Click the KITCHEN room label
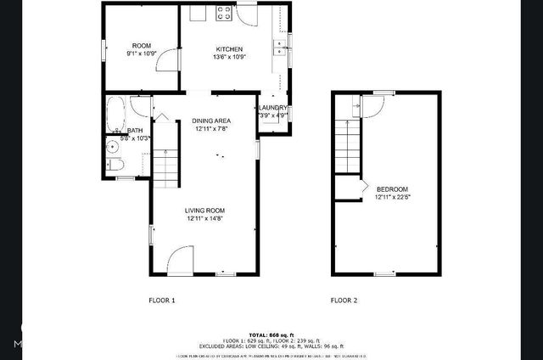(229, 49)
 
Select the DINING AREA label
(211, 121)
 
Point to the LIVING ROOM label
(204, 210)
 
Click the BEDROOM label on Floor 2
(392, 188)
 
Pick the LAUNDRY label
(273, 108)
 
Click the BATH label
(135, 131)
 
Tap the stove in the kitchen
(225, 13)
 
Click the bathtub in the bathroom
(115, 112)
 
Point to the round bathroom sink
(112, 146)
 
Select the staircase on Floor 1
(166, 166)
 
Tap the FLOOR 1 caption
(161, 301)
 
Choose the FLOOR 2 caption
(344, 301)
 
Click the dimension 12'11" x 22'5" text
(392, 197)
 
